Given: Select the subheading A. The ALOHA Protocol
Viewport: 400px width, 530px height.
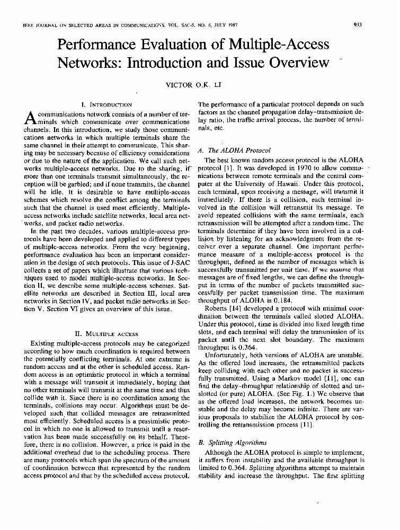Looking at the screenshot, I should pos(234,151).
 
